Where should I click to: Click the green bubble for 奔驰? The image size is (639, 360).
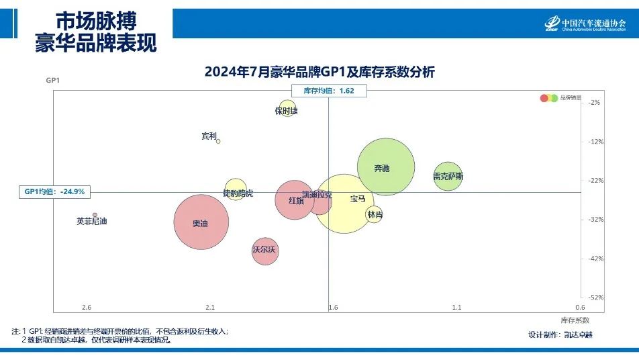(x=385, y=167)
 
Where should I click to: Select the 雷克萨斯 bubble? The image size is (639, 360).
(x=448, y=176)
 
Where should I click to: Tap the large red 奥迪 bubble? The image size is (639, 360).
(x=201, y=222)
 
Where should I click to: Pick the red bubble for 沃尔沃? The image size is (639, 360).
(x=265, y=251)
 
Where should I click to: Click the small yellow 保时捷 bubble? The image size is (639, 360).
(x=288, y=109)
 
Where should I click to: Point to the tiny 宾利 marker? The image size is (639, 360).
(x=218, y=141)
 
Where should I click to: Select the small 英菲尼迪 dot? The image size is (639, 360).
(x=95, y=215)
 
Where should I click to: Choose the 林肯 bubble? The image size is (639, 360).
(x=374, y=215)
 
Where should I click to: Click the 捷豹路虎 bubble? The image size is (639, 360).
(x=236, y=190)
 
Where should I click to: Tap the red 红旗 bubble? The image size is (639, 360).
(x=295, y=199)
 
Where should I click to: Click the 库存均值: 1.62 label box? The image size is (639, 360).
(x=329, y=91)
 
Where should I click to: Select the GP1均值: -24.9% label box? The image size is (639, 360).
(x=54, y=192)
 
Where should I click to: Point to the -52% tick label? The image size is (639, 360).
(x=595, y=297)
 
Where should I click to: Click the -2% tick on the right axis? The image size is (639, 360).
(x=595, y=103)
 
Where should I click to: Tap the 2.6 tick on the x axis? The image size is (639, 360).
(x=87, y=308)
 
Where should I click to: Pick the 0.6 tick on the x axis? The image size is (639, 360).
(x=580, y=308)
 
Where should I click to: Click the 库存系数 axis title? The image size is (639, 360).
(x=575, y=320)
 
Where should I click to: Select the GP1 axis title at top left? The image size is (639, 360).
(x=53, y=81)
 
